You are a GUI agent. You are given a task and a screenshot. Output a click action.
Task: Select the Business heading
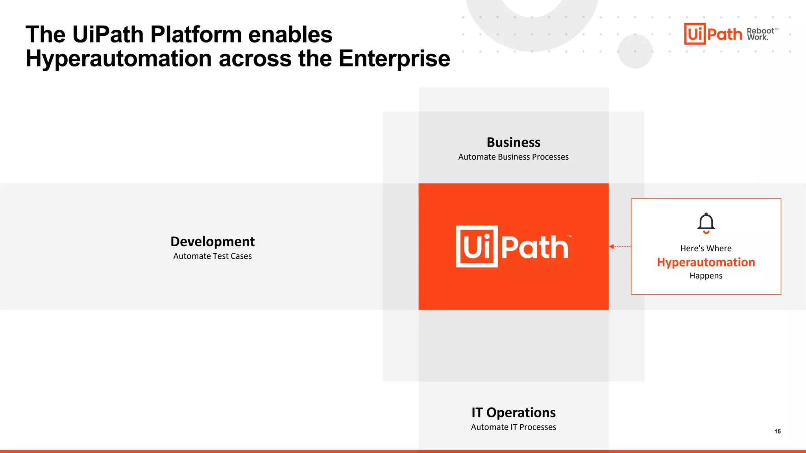point(513,142)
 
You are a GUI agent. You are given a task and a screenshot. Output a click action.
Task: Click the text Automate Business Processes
point(513,157)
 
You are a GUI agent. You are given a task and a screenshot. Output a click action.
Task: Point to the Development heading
point(213,241)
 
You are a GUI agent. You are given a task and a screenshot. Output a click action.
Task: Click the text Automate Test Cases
point(213,256)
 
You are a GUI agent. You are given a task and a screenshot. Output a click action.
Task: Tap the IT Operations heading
point(513,412)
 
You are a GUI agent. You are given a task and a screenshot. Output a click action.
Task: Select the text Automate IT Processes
point(513,427)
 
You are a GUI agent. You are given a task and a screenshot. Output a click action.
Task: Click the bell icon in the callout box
point(706,223)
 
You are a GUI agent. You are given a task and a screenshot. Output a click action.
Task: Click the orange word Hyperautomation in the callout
point(706,262)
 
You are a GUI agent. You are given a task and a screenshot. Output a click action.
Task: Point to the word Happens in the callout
point(706,276)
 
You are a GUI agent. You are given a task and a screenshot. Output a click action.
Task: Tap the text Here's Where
point(706,249)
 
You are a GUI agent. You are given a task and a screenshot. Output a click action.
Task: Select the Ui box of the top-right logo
point(695,34)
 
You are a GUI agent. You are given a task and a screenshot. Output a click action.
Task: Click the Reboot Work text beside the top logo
point(760,34)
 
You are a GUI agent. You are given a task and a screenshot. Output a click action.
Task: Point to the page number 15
point(777,431)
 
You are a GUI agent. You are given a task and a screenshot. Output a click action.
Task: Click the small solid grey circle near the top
point(635,51)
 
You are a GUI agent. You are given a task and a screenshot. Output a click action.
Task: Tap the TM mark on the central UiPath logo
point(569,236)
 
